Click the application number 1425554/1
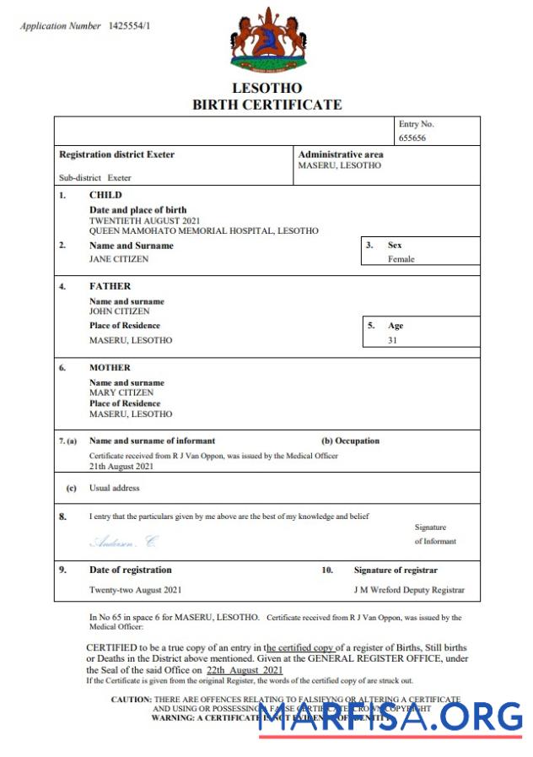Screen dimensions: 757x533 tap(130, 26)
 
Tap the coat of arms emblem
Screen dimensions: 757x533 tap(266, 41)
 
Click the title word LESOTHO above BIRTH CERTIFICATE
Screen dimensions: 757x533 tap(266, 88)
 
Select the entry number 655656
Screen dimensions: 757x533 tap(412, 137)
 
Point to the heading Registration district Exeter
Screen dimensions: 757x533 tap(116, 154)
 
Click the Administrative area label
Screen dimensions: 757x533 tap(341, 154)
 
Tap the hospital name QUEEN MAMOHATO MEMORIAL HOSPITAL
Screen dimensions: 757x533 tap(204, 230)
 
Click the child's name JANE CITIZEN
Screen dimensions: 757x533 tap(119, 259)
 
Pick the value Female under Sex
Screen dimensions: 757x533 tap(401, 259)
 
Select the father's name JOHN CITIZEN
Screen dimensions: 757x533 tap(120, 311)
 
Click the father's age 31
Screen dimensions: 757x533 tap(392, 340)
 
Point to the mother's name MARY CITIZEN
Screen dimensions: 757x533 tap(121, 393)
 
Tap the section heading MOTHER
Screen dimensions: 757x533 tap(110, 368)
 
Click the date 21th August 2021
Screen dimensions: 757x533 tap(121, 466)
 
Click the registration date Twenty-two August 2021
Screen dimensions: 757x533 tap(135, 590)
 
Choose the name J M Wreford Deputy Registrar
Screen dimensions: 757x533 tap(408, 590)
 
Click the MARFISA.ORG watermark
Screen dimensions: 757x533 tap(390, 718)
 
